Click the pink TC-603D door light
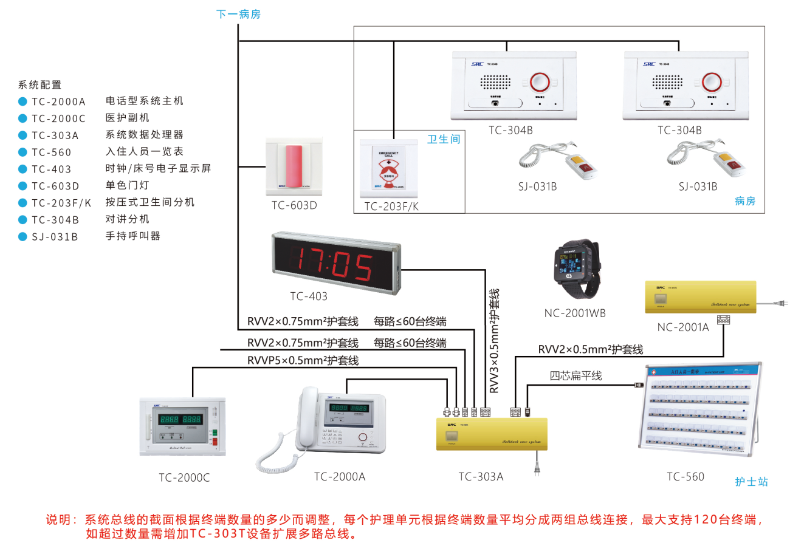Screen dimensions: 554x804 [294, 166]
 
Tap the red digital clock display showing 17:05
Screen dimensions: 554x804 [335, 262]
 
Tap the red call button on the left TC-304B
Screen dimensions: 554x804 [540, 82]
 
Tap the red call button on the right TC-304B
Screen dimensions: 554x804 [712, 82]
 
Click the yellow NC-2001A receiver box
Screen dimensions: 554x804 [700, 297]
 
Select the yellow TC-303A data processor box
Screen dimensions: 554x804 [492, 434]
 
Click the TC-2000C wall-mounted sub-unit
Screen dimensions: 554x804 [182, 426]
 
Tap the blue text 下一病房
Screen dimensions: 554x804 [238, 14]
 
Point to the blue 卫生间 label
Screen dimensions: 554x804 [444, 140]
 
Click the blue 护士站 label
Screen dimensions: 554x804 [751, 482]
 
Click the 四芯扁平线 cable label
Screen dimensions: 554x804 [575, 376]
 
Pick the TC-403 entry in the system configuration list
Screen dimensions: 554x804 [52, 169]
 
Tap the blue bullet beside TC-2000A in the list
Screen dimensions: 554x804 [22, 101]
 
